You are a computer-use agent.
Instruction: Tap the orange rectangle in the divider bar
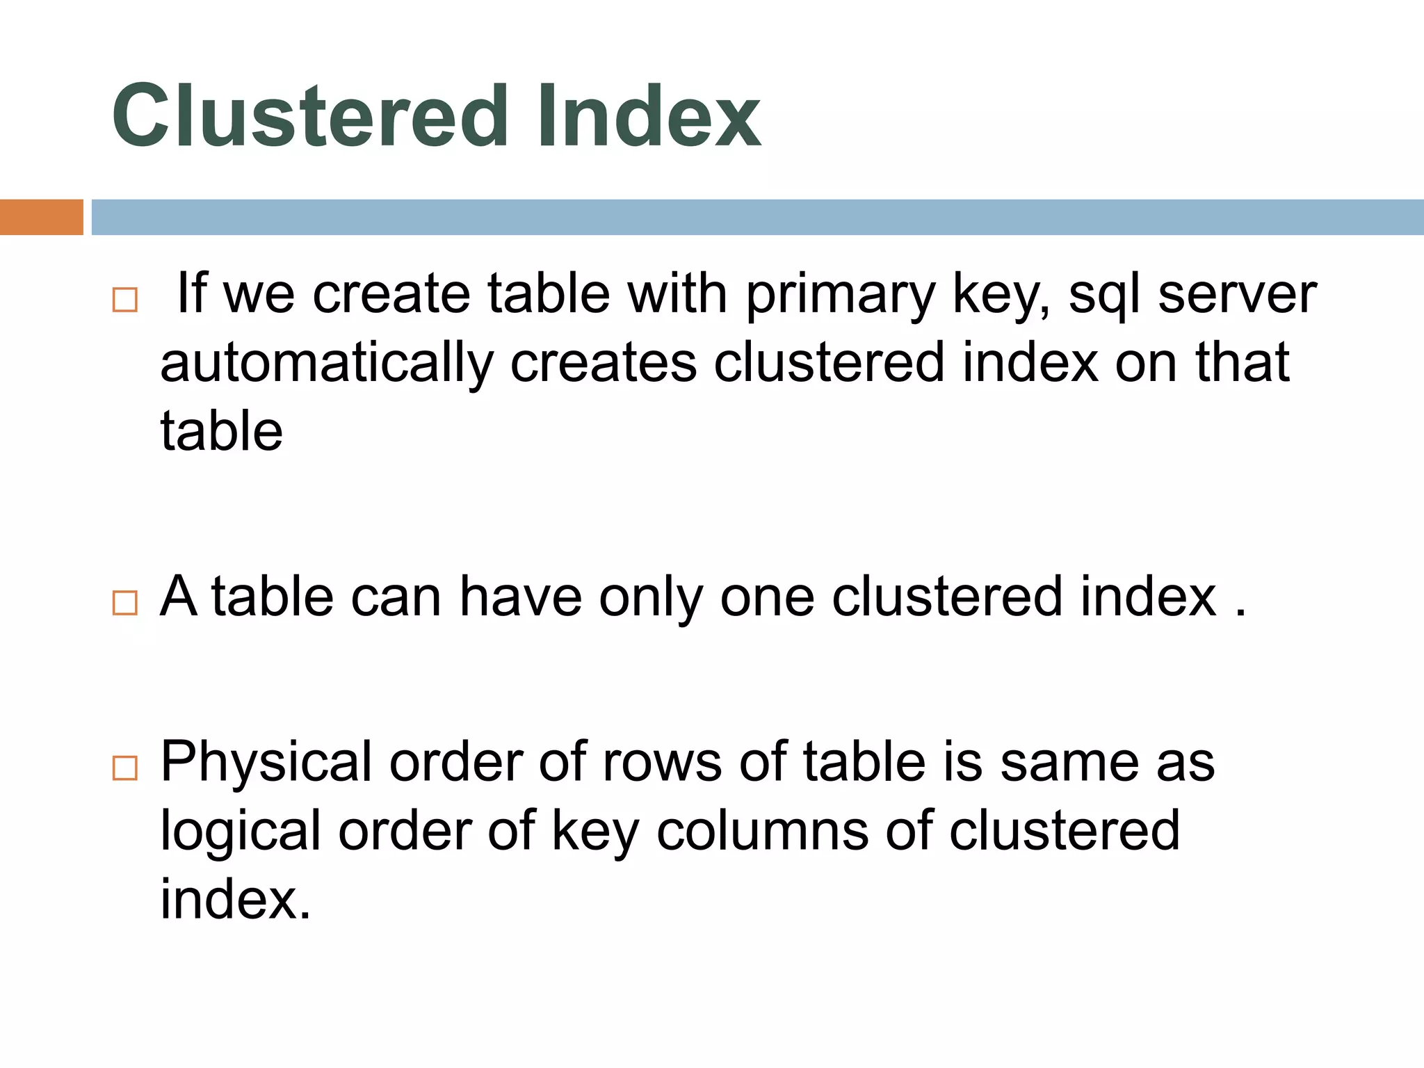coord(41,217)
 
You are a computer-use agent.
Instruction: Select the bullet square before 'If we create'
coord(125,300)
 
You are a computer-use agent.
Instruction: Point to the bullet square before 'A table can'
coord(125,602)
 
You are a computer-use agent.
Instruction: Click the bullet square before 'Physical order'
coord(125,768)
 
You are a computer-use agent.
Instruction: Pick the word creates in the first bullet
coord(604,363)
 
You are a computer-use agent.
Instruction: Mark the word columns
coord(762,830)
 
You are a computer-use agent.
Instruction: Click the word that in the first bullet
coord(1243,363)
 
